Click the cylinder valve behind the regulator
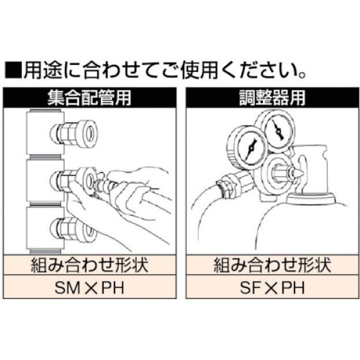314,171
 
